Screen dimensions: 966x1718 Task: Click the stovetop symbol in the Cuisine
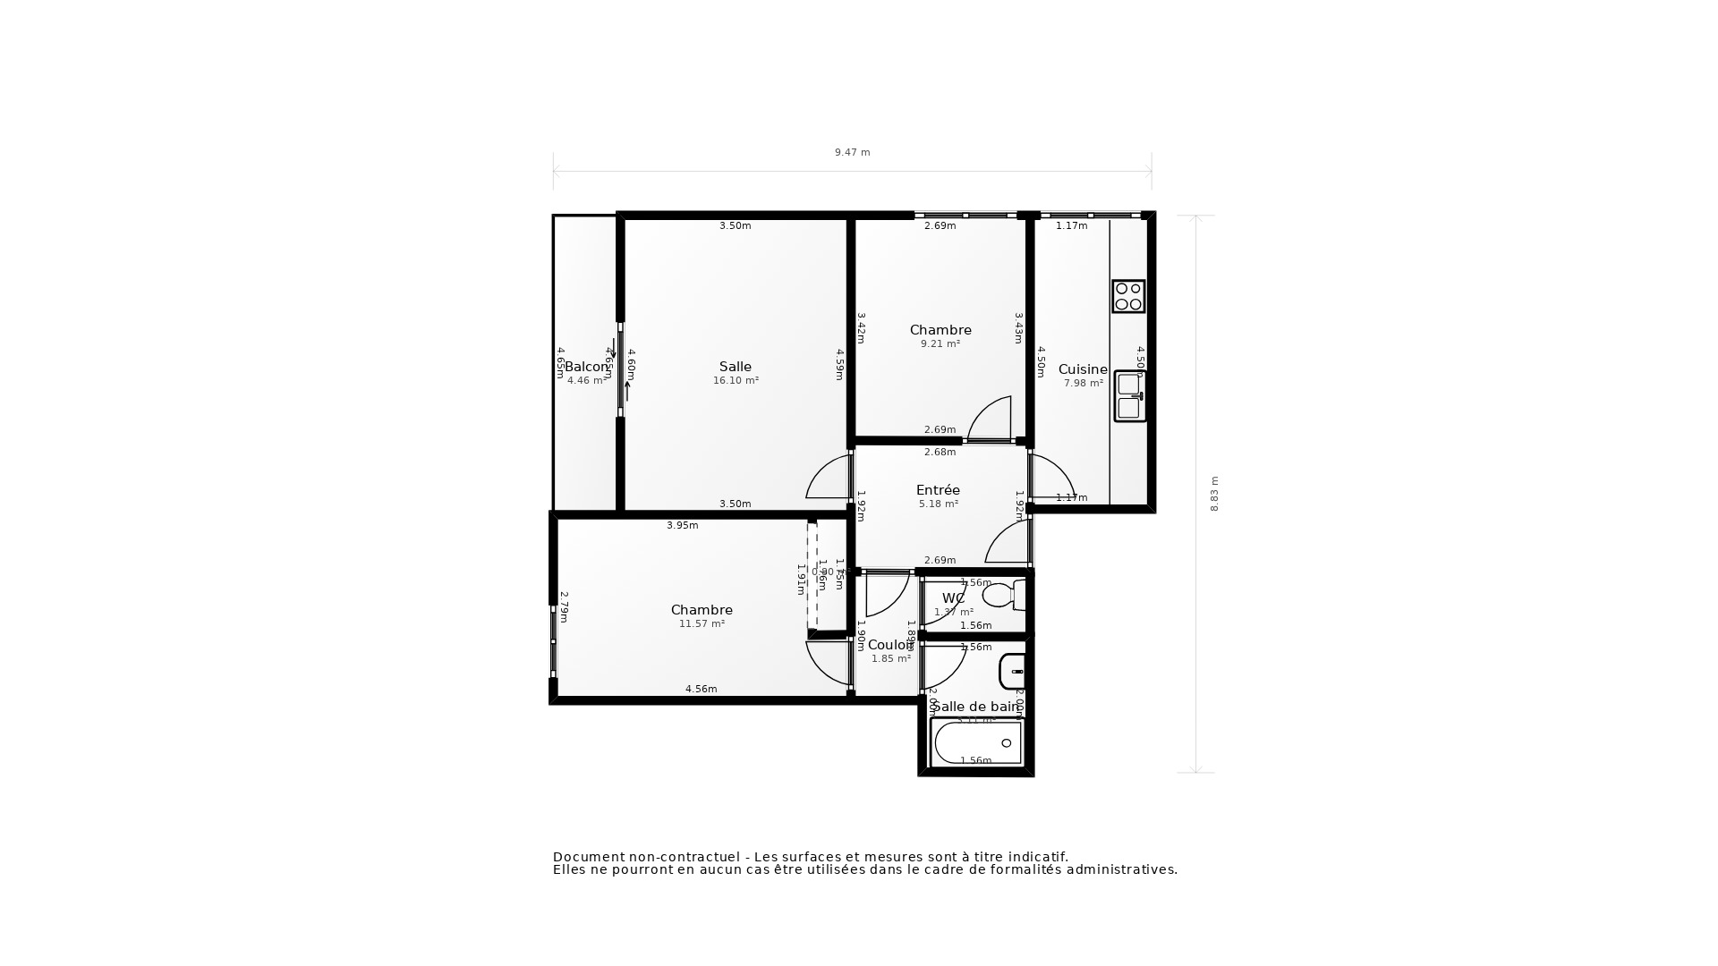pos(1128,296)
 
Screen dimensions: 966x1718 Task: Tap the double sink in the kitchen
pos(1129,396)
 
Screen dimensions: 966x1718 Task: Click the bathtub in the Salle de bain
pos(976,742)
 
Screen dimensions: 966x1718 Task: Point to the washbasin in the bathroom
pos(1012,671)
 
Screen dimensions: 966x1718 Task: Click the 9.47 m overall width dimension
pos(852,153)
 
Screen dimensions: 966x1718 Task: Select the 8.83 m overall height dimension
pos(1214,494)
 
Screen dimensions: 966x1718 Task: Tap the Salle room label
pos(736,367)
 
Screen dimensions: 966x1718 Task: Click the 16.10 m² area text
pos(736,381)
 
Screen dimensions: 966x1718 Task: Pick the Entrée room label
pos(938,490)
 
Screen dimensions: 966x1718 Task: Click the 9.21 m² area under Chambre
pos(940,344)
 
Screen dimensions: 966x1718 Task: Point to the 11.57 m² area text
pos(702,624)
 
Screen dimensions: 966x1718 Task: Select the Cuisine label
pos(1083,369)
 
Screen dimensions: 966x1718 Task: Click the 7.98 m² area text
pos(1083,384)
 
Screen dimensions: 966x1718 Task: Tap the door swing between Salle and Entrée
pos(826,479)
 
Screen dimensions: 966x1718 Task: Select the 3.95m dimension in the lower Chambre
pos(682,526)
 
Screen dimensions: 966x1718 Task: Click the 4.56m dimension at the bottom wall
pos(701,689)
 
